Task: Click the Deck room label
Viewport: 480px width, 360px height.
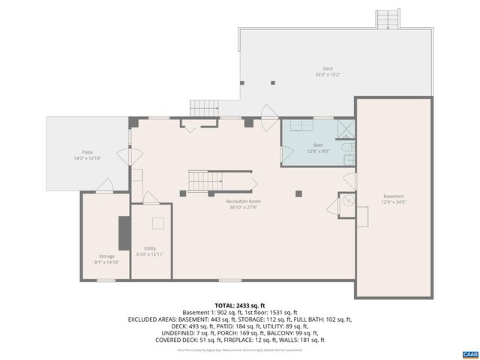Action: click(328, 68)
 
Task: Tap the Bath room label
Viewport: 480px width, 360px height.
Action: click(318, 145)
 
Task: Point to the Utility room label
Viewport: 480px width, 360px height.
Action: click(150, 247)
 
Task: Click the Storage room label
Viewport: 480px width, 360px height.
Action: click(106, 256)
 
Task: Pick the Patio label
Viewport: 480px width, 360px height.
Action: click(87, 152)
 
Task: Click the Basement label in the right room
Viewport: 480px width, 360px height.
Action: click(393, 196)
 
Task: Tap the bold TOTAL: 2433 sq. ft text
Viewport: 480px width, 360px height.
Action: click(239, 305)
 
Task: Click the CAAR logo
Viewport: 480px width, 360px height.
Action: click(469, 353)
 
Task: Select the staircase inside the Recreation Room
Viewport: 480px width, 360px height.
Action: click(205, 180)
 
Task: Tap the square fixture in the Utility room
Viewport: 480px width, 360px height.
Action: click(158, 223)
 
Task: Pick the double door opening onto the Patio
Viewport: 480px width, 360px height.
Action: click(135, 154)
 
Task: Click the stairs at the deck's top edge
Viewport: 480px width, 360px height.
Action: click(388, 19)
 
